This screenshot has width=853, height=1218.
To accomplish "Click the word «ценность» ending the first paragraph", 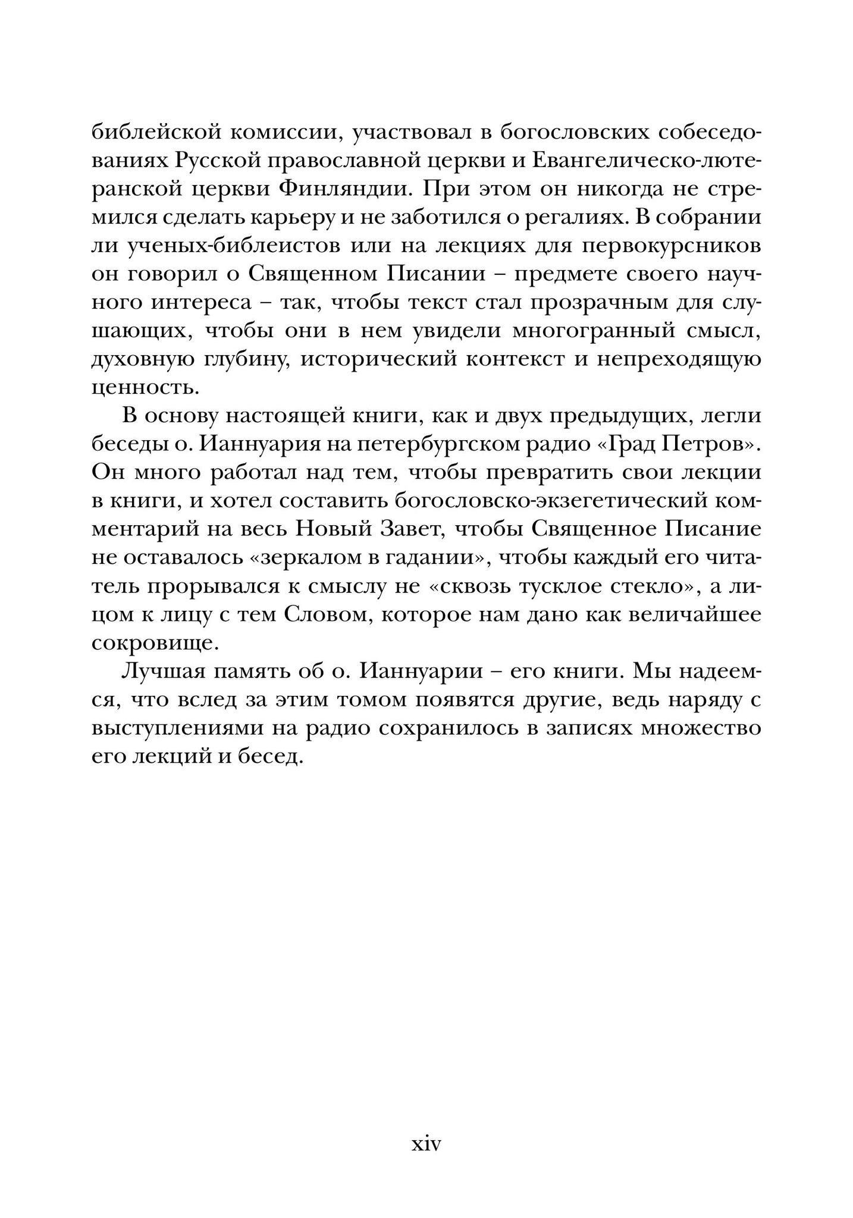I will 143,388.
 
